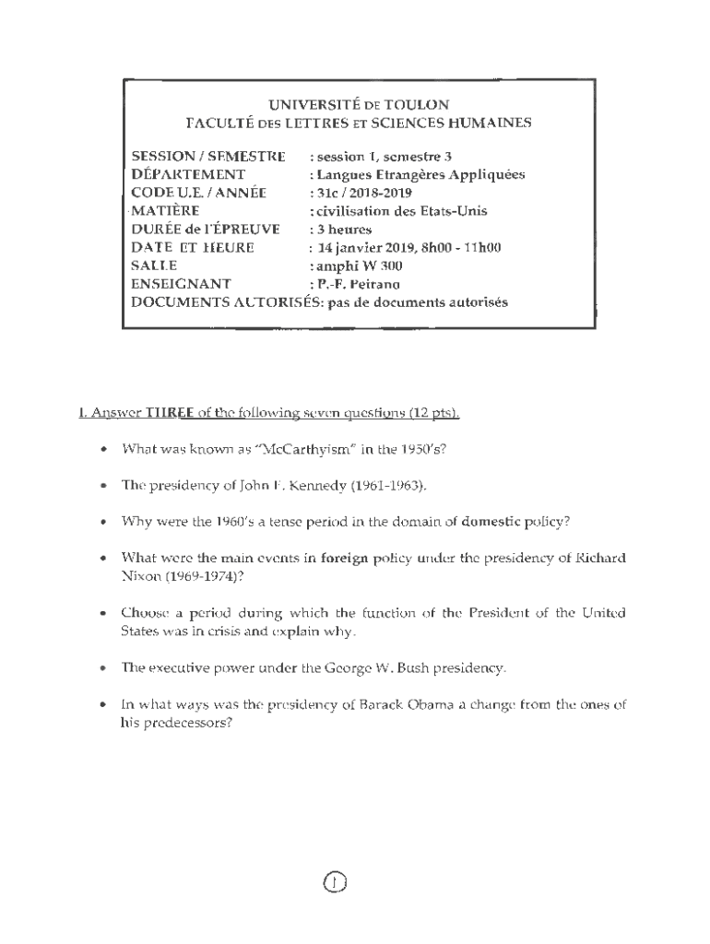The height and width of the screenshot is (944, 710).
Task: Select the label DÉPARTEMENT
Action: coord(188,174)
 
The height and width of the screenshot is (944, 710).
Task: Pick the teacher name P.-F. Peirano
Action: coord(360,284)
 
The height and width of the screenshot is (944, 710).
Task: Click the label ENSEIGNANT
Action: coord(181,284)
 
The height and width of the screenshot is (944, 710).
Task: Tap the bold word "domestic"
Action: coord(499,521)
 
